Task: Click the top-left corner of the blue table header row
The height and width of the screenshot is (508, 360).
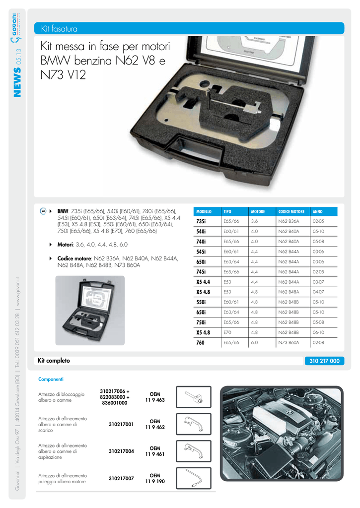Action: (194, 207)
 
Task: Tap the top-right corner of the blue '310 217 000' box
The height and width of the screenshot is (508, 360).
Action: (345, 356)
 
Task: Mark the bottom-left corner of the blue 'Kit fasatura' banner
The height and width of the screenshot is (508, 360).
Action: (34, 34)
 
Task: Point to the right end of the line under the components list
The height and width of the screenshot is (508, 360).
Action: (216, 492)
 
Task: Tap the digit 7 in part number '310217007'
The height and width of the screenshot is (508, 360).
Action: (132, 479)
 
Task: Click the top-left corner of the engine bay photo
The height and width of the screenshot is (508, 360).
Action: (220, 386)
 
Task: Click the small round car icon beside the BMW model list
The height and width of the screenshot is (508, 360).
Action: (43, 211)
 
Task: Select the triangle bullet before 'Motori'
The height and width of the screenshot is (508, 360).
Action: (51, 245)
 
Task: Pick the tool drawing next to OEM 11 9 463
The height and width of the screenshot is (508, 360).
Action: (194, 397)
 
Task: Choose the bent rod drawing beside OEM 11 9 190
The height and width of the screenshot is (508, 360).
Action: (194, 478)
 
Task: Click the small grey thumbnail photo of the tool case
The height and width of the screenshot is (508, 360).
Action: (90, 311)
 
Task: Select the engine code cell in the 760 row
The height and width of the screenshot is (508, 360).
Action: (288, 342)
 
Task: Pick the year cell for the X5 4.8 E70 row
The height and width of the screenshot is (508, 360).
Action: (318, 332)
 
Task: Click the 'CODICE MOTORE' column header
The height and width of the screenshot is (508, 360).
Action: (291, 211)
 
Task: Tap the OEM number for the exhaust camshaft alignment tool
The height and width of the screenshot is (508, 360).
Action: (155, 425)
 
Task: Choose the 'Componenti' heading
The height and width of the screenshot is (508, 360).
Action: (51, 379)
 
